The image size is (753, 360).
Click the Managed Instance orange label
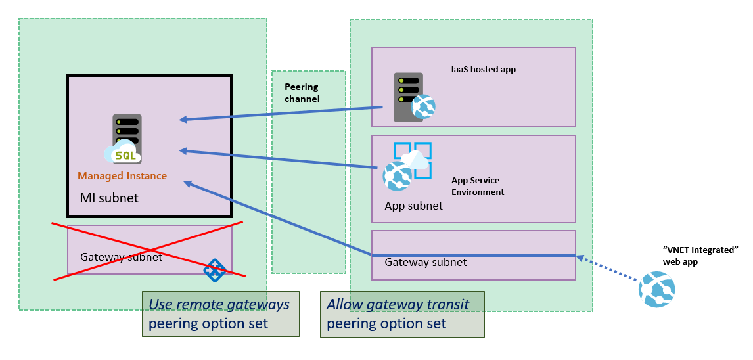[122, 176]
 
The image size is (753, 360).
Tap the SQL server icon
[126, 139]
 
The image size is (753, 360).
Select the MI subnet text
[109, 198]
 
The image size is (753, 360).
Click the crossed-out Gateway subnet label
[121, 257]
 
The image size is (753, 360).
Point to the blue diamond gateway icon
[215, 269]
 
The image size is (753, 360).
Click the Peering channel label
[302, 93]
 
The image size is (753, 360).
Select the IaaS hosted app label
[483, 69]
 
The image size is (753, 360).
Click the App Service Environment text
[478, 187]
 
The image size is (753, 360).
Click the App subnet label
[413, 206]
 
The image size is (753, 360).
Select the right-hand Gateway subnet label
[425, 262]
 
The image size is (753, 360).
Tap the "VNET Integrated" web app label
[700, 256]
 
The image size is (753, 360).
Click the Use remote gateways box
[220, 314]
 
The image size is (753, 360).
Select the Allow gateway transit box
[401, 314]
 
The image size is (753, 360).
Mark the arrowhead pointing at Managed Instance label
[187, 183]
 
